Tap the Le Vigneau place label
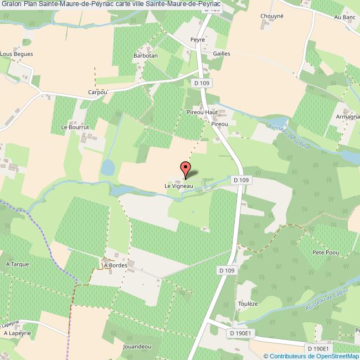pyautogui.click(x=178, y=186)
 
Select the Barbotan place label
pyautogui.click(x=146, y=56)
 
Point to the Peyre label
pyautogui.click(x=198, y=40)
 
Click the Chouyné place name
pyautogui.click(x=272, y=16)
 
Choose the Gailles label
pyautogui.click(x=221, y=54)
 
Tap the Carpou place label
pyautogui.click(x=97, y=92)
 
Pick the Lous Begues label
pyautogui.click(x=17, y=54)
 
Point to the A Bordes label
pyautogui.click(x=115, y=265)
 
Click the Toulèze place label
pyautogui.click(x=248, y=304)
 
